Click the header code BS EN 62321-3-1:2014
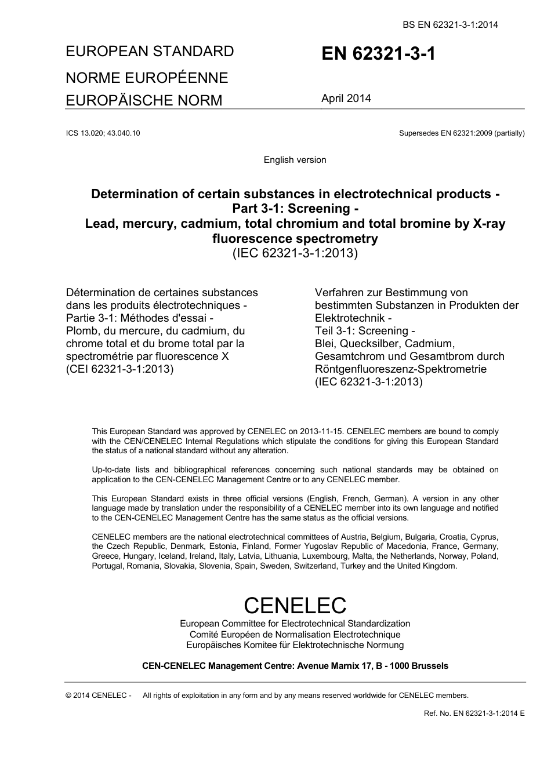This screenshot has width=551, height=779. click(x=450, y=24)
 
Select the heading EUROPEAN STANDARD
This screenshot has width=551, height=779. click(x=150, y=52)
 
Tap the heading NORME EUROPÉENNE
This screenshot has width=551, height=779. click(x=147, y=78)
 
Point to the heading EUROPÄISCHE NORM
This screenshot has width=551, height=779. click(x=144, y=100)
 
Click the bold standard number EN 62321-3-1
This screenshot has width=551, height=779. click(x=378, y=54)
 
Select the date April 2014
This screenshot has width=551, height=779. click(x=346, y=99)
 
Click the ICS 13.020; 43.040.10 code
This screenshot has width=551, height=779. click(x=103, y=133)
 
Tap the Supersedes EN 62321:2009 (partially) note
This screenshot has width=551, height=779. click(x=462, y=133)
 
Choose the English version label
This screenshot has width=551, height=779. click(x=295, y=160)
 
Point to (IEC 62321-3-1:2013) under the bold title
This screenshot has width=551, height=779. click(x=295, y=254)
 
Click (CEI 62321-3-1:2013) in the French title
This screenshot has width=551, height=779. click(x=120, y=369)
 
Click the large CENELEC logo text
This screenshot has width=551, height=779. click(x=295, y=606)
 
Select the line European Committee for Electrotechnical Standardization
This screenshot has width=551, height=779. click(x=295, y=624)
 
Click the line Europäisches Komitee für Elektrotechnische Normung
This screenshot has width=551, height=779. click(x=295, y=645)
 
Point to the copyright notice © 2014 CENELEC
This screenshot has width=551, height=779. click(x=99, y=696)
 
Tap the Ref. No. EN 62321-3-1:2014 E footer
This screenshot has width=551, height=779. click(x=474, y=714)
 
